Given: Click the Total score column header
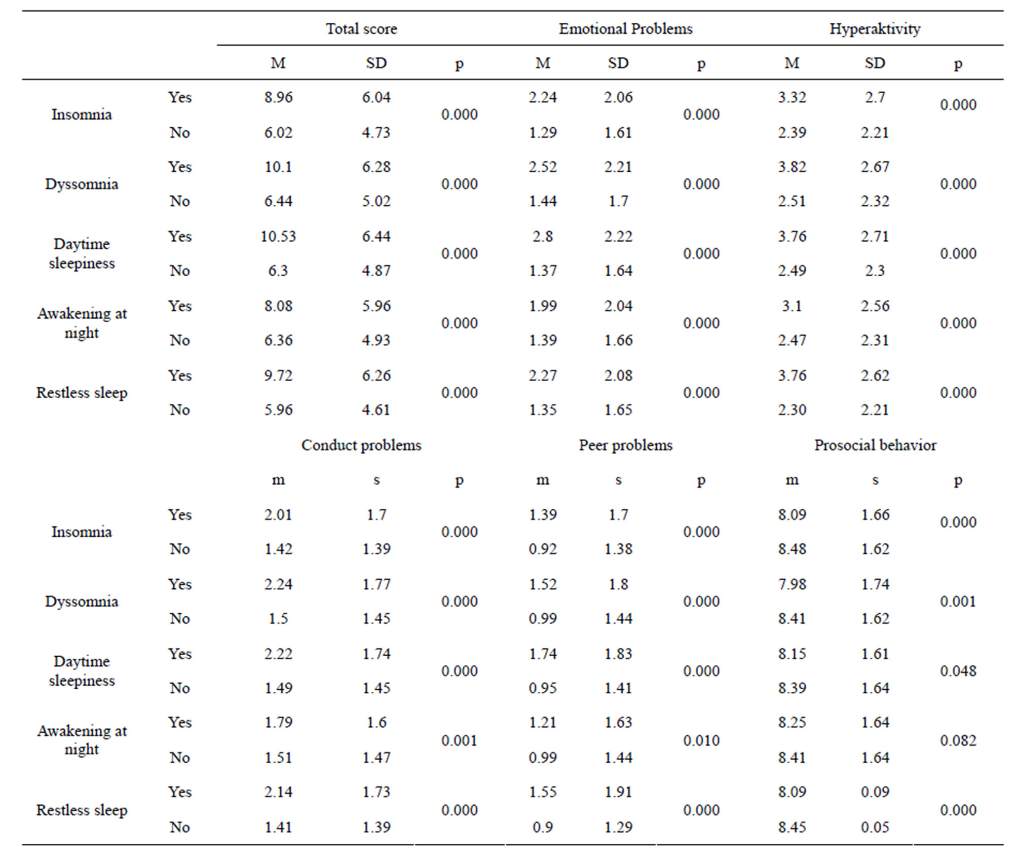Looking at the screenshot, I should click(x=361, y=29).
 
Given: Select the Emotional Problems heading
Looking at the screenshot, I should click(x=625, y=29).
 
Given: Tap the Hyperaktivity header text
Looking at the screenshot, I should click(x=875, y=29).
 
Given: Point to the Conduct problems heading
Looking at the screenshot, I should click(x=361, y=445).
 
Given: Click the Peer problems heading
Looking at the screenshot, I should click(x=625, y=445).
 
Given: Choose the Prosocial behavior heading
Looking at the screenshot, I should click(x=875, y=445).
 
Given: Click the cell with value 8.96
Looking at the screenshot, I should click(x=278, y=97).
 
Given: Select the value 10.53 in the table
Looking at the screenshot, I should click(x=278, y=237).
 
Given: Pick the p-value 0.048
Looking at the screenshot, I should click(x=958, y=671).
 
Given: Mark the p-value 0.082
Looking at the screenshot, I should click(x=958, y=740).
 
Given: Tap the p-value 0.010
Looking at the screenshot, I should click(x=701, y=740).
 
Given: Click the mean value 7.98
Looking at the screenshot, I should click(x=792, y=584).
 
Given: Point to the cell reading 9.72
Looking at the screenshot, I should click(x=278, y=376).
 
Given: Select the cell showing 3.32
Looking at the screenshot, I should click(x=792, y=97).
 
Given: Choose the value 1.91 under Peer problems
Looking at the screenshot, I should click(x=618, y=792).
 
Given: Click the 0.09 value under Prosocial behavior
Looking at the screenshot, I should click(x=875, y=792).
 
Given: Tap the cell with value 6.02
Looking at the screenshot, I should click(x=278, y=133).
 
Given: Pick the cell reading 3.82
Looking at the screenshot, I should click(x=792, y=167).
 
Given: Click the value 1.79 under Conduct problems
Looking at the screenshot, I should click(x=278, y=723).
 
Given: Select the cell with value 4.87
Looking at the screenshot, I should click(x=376, y=271).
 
